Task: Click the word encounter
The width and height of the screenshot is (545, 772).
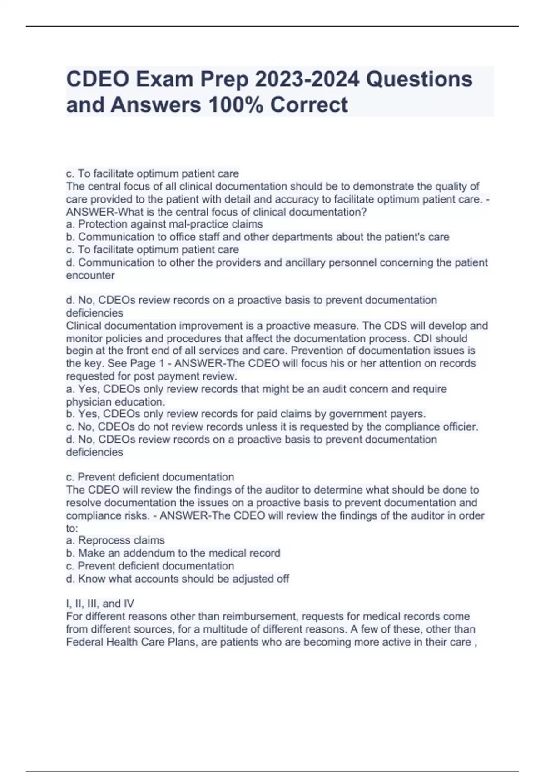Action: pos(90,275)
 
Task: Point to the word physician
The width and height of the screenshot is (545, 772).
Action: pos(89,402)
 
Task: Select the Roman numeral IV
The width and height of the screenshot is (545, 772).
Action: pos(129,604)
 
